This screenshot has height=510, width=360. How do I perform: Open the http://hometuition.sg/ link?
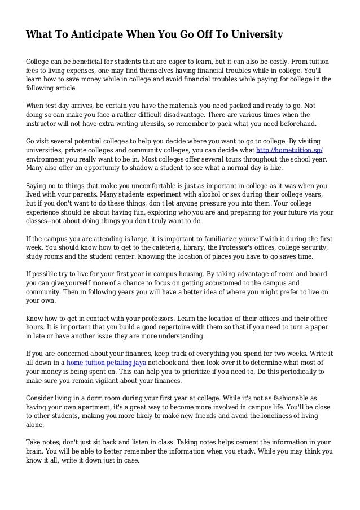[x=289, y=151]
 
